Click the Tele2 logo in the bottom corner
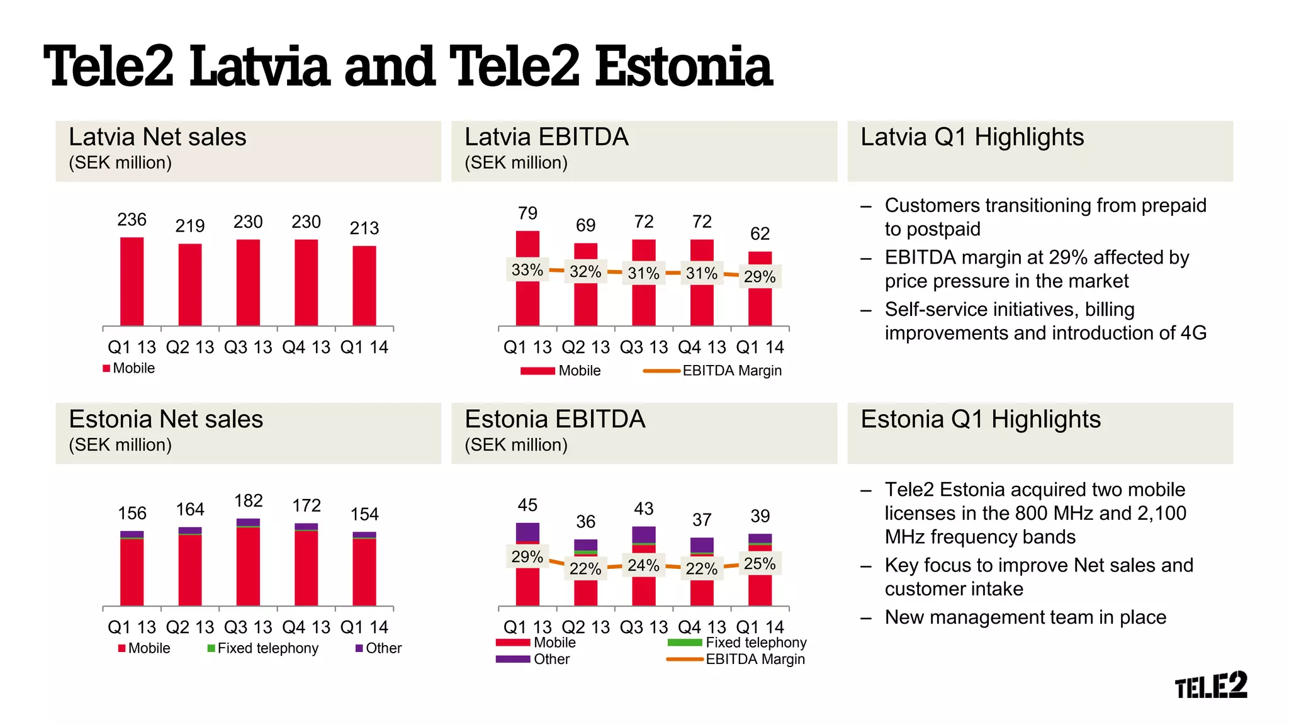[1211, 685]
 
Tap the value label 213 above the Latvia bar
[364, 228]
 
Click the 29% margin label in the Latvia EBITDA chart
[760, 276]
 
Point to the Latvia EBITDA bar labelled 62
[760, 302]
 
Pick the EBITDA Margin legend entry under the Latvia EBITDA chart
[713, 371]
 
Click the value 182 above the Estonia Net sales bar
[248, 501]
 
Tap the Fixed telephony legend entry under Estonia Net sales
[263, 648]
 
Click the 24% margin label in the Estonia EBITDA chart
[643, 565]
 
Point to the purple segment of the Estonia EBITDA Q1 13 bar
[527, 532]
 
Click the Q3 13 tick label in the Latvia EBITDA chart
[643, 347]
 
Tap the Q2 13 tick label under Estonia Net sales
[190, 627]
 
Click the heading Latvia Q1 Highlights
[972, 137]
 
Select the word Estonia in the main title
[684, 67]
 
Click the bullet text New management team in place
[1025, 617]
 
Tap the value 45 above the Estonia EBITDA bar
[527, 505]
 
